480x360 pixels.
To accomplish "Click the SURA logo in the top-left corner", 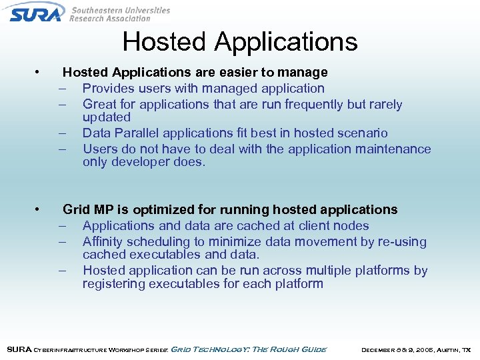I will point(37,12).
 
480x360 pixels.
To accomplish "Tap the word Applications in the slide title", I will point(286,42).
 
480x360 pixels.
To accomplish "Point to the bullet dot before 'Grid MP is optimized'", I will point(41,209).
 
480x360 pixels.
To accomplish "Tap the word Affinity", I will point(103,241).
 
